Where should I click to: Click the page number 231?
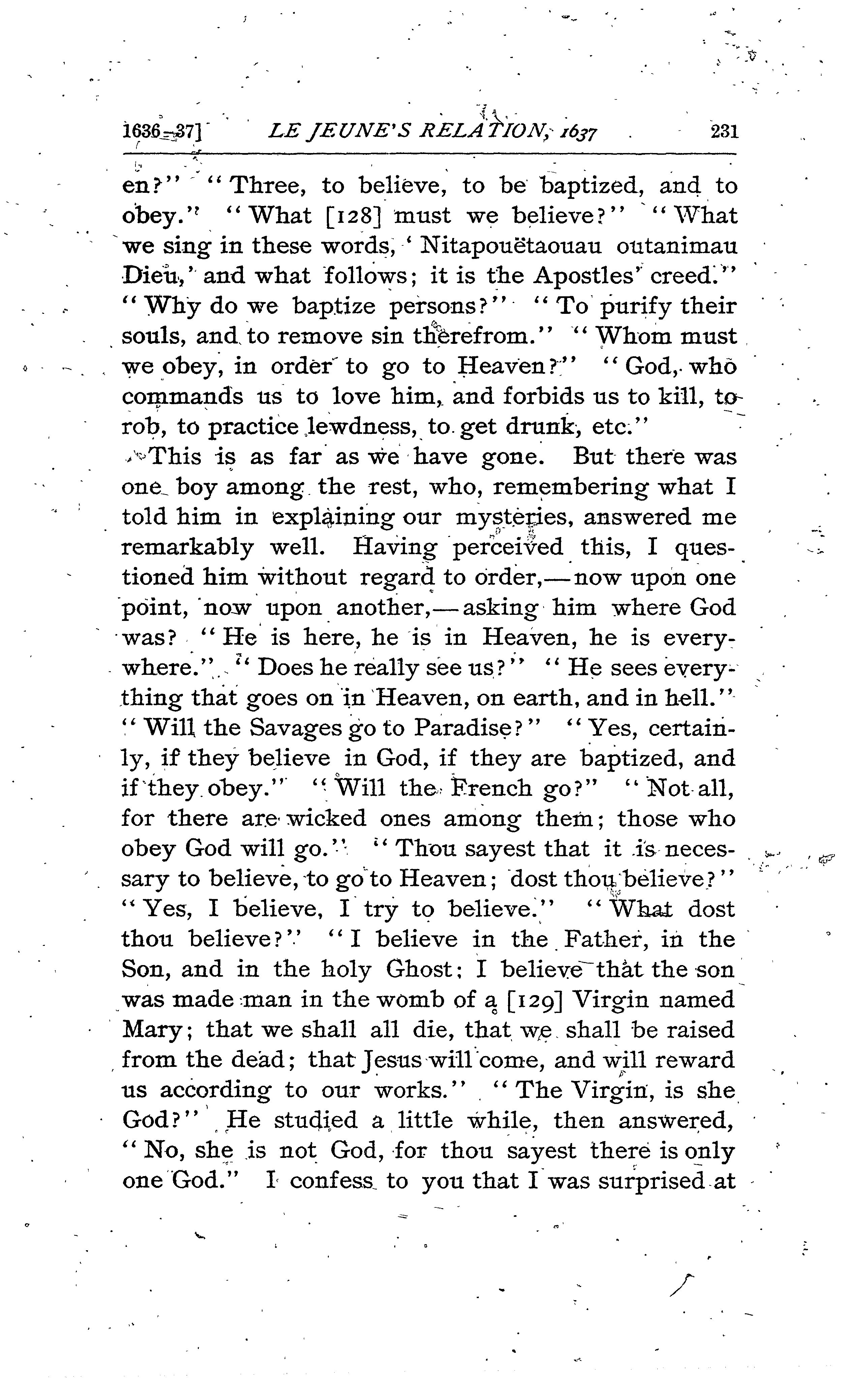click(724, 132)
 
